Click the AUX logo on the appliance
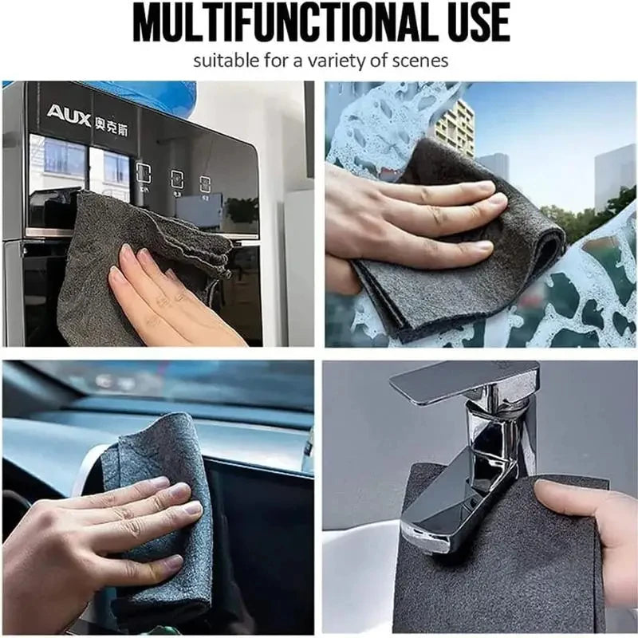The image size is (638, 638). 69,114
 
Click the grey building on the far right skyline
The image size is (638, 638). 614,175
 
